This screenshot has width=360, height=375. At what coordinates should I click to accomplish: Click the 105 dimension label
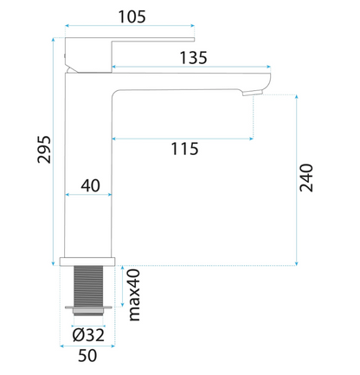[x=132, y=16]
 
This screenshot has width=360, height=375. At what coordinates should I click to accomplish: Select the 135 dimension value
[x=194, y=58]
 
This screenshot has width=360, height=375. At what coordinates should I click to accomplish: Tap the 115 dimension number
[x=185, y=149]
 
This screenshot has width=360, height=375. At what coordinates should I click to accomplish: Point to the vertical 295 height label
[x=44, y=150]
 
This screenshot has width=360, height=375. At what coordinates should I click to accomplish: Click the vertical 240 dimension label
[x=306, y=178]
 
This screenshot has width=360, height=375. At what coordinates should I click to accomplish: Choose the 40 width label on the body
[x=90, y=185]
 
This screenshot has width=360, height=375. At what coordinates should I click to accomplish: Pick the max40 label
[x=134, y=294]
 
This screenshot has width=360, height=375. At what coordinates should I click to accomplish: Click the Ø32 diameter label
[x=88, y=335]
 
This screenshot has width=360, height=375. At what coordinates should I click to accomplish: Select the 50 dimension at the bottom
[x=87, y=355]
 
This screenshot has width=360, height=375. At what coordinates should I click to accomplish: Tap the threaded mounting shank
[x=88, y=286]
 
